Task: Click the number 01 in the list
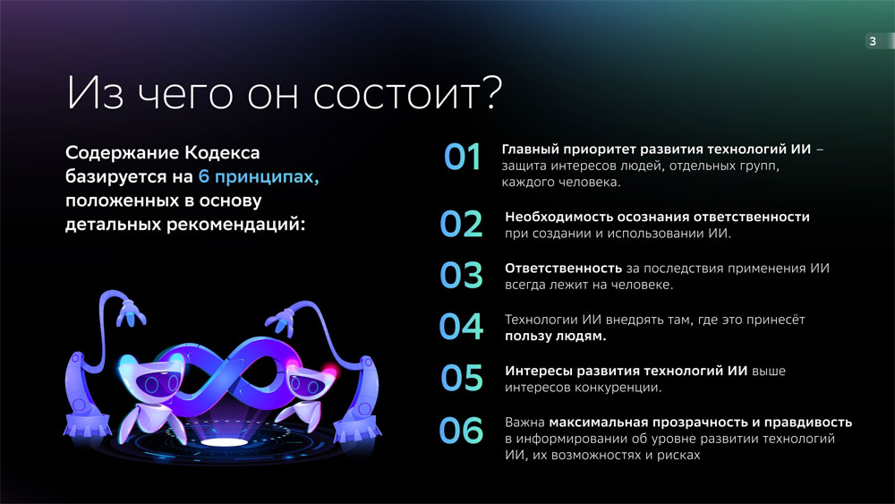coord(463,157)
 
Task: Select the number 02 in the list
coord(461,224)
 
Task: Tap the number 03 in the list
coord(461,275)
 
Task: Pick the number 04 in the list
coord(461,327)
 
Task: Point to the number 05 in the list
coord(462,378)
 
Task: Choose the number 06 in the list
coord(461,430)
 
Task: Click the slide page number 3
coord(872,41)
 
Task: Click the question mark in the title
coord(490,92)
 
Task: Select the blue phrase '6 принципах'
coord(258,177)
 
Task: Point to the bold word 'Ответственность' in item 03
coord(563,269)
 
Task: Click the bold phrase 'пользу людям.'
coord(556,337)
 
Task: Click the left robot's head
coord(150,378)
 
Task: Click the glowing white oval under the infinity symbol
coord(224,442)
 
